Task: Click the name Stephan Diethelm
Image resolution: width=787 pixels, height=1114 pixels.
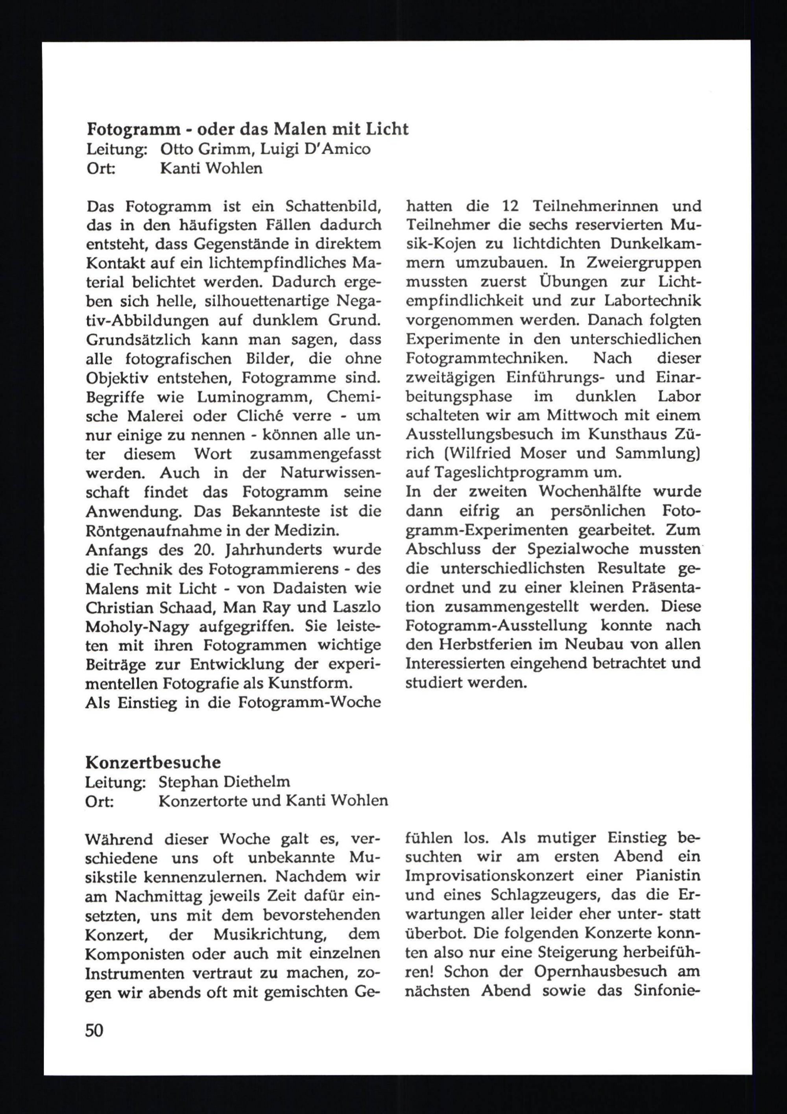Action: (224, 782)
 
